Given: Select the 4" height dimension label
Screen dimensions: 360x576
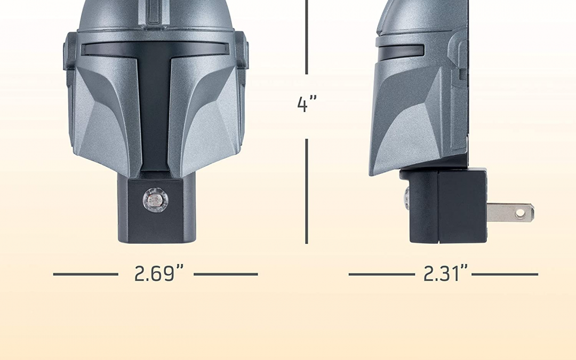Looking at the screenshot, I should pyautogui.click(x=307, y=104).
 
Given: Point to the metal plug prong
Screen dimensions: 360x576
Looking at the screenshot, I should pyautogui.click(x=509, y=212).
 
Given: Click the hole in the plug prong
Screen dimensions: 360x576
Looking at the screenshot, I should pyautogui.click(x=521, y=214).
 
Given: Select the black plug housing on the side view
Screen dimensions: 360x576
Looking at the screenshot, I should pyautogui.click(x=461, y=205).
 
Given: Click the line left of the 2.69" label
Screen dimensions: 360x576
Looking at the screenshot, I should pyautogui.click(x=85, y=275).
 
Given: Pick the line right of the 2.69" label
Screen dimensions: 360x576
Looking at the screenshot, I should pyautogui.click(x=226, y=275).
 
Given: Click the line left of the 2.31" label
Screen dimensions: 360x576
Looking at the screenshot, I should pyautogui.click(x=381, y=275).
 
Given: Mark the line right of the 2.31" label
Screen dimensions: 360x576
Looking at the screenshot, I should pyautogui.click(x=505, y=275).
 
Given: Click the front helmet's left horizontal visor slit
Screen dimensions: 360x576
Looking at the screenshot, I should pyautogui.click(x=107, y=50).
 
